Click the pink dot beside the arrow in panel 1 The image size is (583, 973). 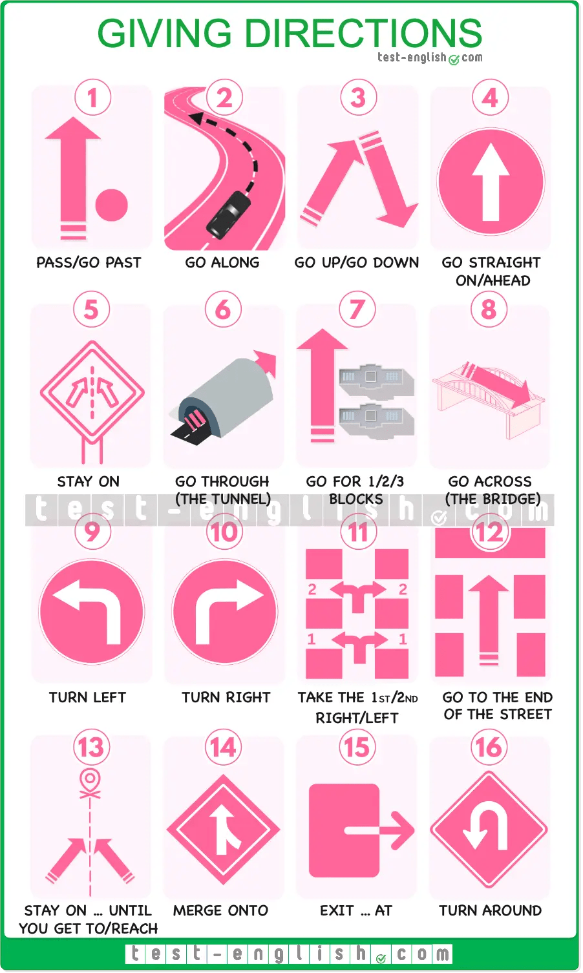(x=112, y=205)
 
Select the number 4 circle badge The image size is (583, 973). (x=491, y=98)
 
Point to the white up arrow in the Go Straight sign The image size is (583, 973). (x=491, y=182)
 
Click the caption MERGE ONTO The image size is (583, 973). (x=220, y=910)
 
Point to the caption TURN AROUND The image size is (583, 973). (x=491, y=910)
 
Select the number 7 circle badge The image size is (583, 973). (x=357, y=309)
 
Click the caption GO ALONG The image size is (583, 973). (x=222, y=262)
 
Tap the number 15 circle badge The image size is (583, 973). (x=357, y=747)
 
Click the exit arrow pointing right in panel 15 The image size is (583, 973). (x=379, y=830)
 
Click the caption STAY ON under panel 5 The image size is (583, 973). (x=88, y=481)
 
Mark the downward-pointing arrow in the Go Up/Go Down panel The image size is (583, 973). (x=388, y=182)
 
